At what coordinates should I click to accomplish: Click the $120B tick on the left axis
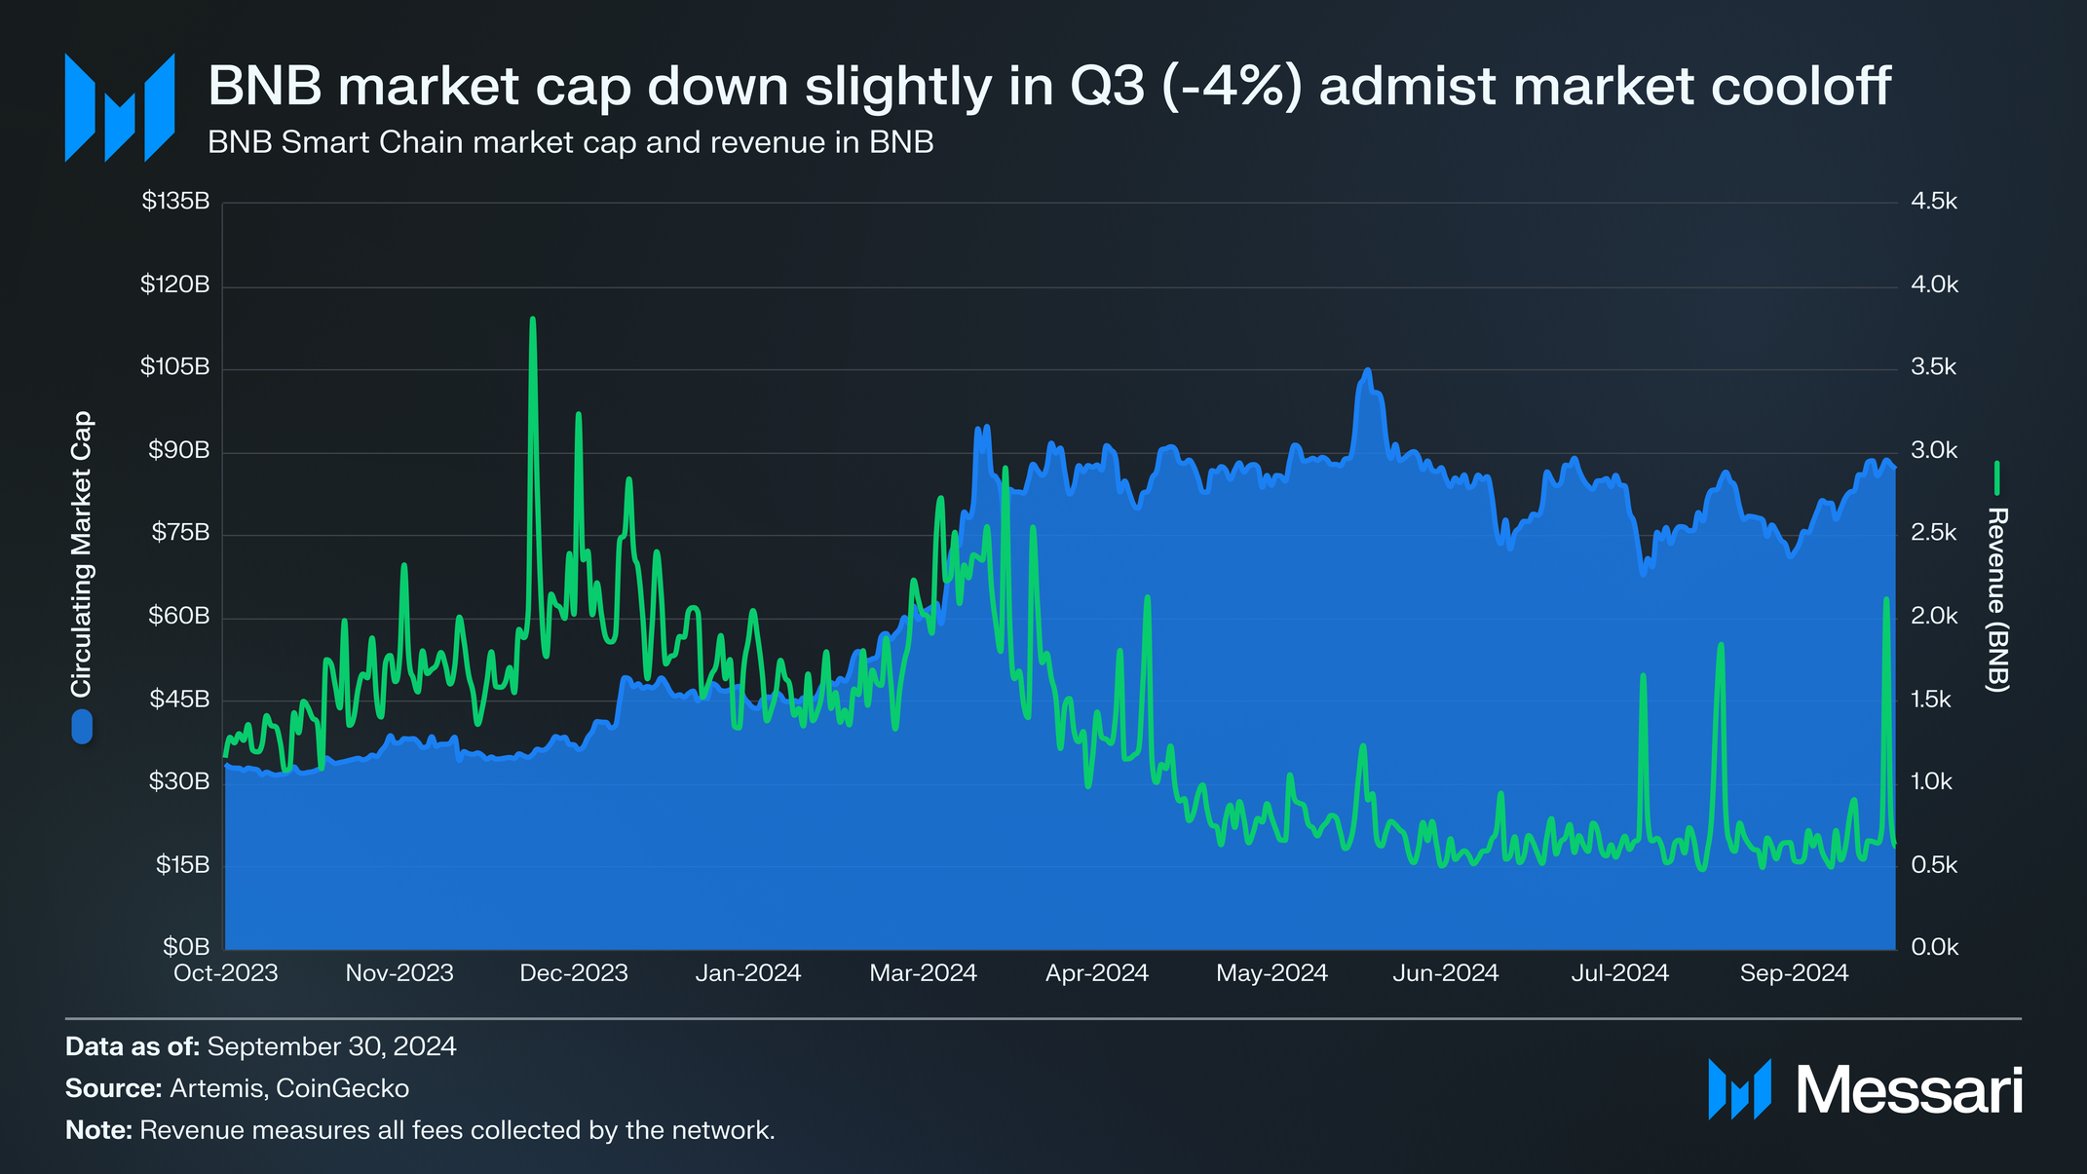(175, 284)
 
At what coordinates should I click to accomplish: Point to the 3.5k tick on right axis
(1934, 367)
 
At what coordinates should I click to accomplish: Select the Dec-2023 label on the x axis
(573, 972)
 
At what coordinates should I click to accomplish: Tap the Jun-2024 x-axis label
(1445, 972)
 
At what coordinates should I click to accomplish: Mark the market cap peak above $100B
(1368, 371)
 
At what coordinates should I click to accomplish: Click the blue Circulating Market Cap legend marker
(82, 727)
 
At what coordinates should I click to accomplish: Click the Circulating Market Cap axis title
(82, 553)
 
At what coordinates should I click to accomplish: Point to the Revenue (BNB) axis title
(1996, 599)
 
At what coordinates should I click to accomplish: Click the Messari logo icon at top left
(119, 107)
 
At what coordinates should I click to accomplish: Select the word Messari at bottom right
(1908, 1090)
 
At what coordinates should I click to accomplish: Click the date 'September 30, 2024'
(331, 1046)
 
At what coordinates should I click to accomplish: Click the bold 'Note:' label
(98, 1130)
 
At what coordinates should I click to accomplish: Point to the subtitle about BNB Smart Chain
(570, 142)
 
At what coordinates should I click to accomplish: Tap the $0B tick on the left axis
(185, 947)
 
